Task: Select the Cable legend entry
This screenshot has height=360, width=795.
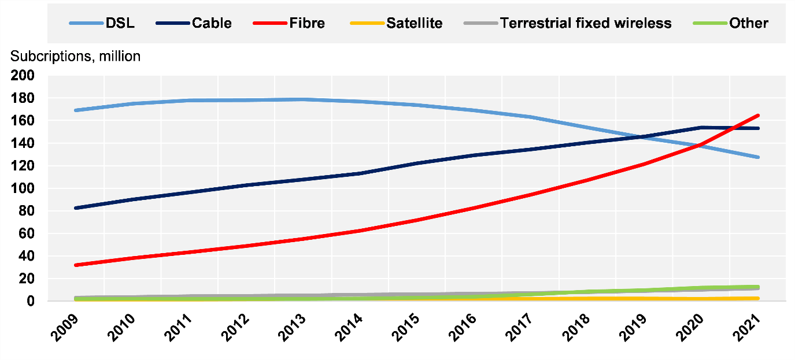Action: click(x=194, y=23)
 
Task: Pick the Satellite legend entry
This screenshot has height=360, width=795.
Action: click(x=396, y=23)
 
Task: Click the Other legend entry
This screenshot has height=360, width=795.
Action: click(x=731, y=23)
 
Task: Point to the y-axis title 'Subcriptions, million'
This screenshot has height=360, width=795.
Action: click(x=75, y=56)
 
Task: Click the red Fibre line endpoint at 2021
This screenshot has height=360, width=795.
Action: click(x=757, y=116)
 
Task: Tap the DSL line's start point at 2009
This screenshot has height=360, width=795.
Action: click(x=76, y=110)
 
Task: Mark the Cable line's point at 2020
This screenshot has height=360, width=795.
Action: click(x=701, y=128)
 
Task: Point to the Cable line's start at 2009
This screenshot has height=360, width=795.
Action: click(x=76, y=208)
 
